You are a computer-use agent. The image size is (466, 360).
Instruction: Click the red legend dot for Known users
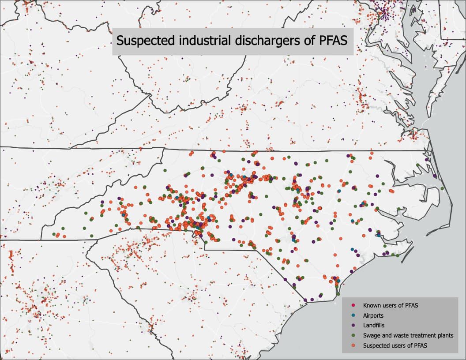[x=354, y=305]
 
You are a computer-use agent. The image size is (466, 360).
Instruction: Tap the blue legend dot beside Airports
[x=354, y=315]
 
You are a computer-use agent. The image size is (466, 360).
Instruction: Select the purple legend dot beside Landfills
[x=354, y=326]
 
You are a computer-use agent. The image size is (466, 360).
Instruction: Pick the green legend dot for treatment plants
[x=354, y=336]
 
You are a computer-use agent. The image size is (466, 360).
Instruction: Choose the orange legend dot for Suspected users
[x=354, y=346]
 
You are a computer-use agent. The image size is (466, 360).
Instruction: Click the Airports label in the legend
[x=373, y=315]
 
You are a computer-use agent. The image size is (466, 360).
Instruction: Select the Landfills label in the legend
[x=374, y=326]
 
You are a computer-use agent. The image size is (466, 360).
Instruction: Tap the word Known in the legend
[x=371, y=305]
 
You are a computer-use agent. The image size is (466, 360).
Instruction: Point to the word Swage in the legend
[x=372, y=336]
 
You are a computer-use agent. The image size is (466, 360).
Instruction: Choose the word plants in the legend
[x=446, y=336]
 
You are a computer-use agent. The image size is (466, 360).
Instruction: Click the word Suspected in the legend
[x=376, y=346]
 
